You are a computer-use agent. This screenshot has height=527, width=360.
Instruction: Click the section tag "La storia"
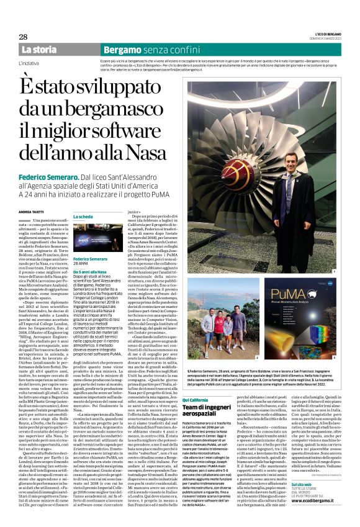39,49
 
